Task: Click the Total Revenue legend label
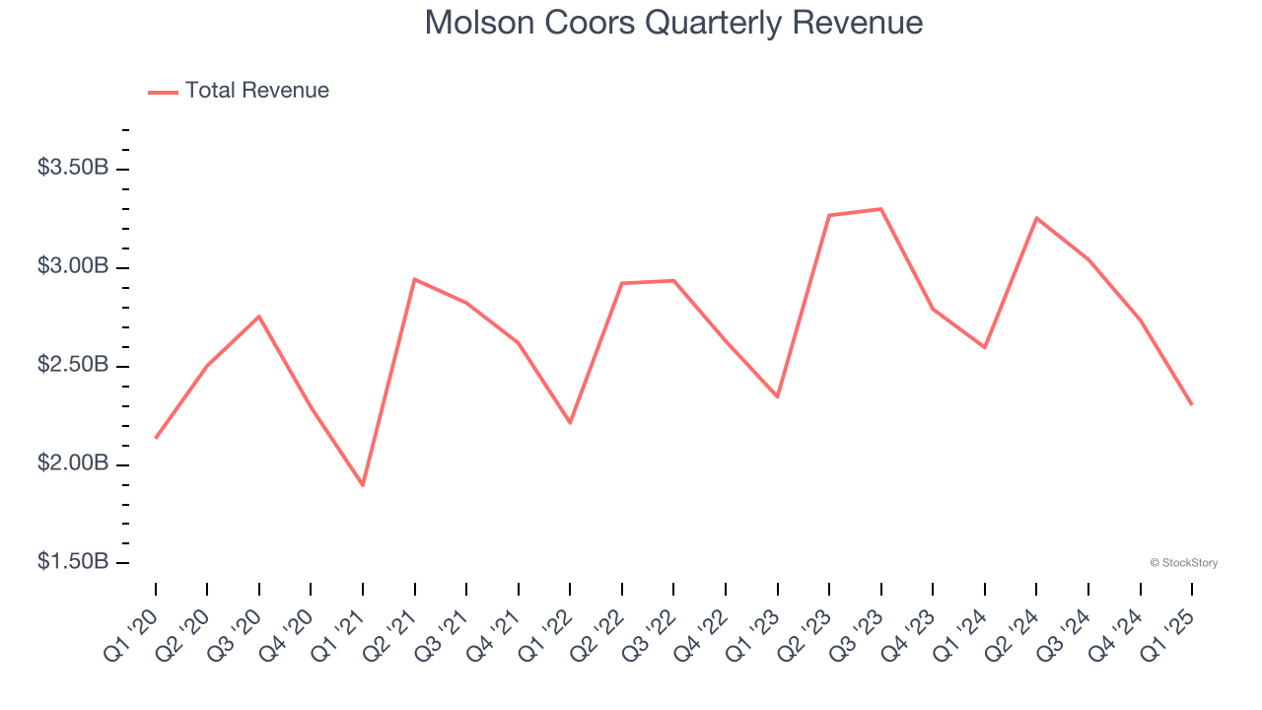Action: tap(256, 91)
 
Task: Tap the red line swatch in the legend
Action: tap(163, 92)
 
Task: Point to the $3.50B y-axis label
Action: tap(73, 168)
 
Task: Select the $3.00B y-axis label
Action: tap(73, 266)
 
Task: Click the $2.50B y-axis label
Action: tap(73, 365)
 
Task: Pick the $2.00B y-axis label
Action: tap(73, 463)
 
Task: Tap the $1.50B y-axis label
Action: tap(73, 562)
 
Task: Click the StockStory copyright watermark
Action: tap(1183, 563)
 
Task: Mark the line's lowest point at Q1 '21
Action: tap(363, 485)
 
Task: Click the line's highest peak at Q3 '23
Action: tap(880, 209)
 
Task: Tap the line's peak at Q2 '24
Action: tap(1036, 217)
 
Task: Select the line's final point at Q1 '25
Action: tap(1191, 404)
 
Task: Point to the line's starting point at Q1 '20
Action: tap(156, 438)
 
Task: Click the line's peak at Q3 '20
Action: tap(259, 317)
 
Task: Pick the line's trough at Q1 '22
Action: tap(570, 423)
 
